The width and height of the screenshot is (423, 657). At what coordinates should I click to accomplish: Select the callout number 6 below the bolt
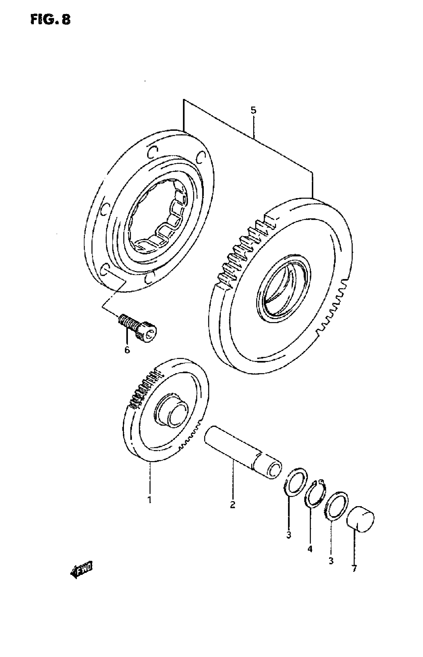[x=127, y=350]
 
